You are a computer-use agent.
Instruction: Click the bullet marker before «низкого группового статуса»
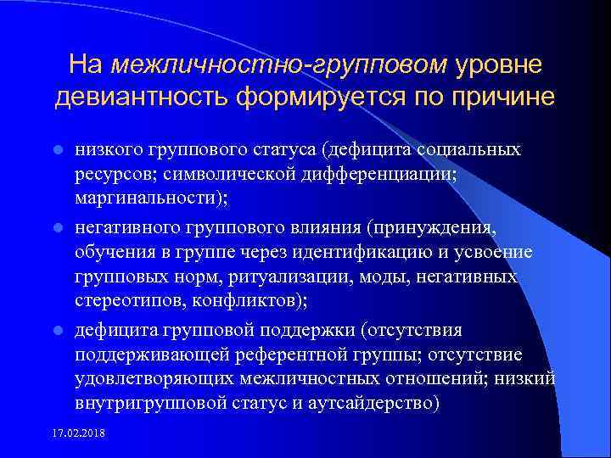(58, 150)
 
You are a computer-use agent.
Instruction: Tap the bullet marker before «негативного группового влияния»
(58, 228)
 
